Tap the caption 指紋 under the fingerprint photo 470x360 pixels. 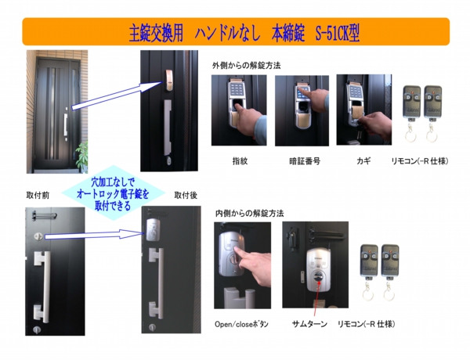[x=239, y=160]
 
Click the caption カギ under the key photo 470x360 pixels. [x=363, y=160]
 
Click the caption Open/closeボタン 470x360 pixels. [x=241, y=323]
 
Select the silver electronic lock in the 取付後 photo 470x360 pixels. [x=154, y=230]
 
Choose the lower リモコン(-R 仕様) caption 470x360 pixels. [x=366, y=323]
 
